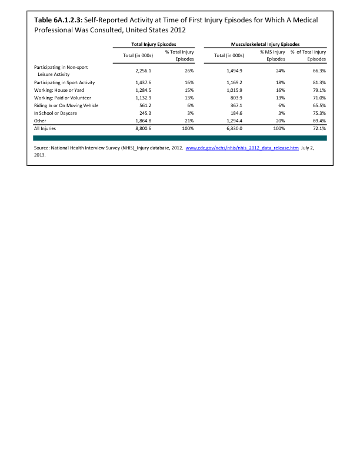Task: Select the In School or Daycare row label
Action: pyautogui.click(x=57, y=112)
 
